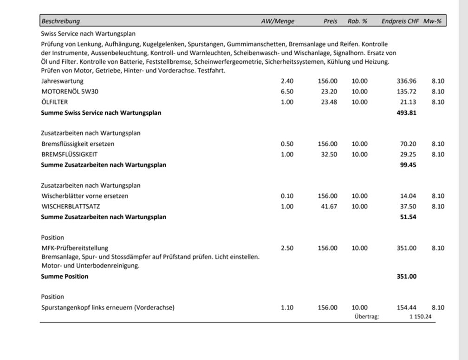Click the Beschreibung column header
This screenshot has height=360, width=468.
(60, 21)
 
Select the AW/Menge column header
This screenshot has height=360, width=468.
(278, 21)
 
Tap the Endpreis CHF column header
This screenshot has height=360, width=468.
(400, 21)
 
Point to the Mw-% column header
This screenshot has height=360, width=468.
(432, 21)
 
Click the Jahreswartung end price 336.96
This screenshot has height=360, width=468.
(406, 81)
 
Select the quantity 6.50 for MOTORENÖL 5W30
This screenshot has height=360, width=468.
(287, 92)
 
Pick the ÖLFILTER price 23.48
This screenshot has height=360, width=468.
(329, 102)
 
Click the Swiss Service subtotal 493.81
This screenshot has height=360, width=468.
(406, 113)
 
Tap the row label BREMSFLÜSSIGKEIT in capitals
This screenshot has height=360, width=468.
(70, 154)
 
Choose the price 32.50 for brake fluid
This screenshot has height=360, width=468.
(329, 154)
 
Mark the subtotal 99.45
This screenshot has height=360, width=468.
(408, 165)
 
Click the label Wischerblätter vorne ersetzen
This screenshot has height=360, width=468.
(85, 196)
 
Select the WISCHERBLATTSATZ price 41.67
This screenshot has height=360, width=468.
(329, 207)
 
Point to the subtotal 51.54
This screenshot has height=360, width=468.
(408, 217)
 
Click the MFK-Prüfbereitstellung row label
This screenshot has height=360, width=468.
(75, 248)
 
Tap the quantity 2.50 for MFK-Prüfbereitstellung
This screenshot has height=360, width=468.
(287, 248)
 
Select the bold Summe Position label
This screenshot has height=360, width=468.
(65, 276)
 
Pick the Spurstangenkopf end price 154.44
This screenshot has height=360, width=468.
(406, 308)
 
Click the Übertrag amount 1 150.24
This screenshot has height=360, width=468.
(420, 317)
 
